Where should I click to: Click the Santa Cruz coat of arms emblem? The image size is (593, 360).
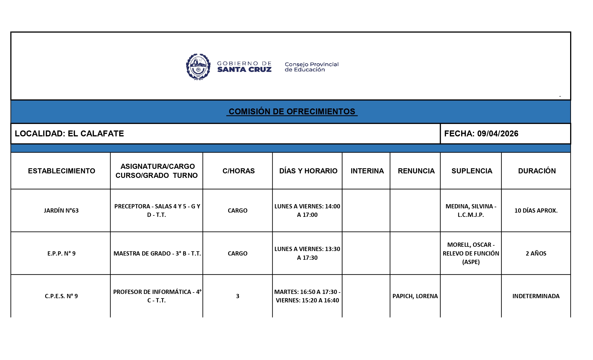point(198,67)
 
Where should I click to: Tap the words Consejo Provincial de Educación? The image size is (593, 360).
point(311,67)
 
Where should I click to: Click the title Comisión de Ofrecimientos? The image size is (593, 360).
point(292,112)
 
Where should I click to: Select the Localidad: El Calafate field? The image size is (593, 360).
point(69,134)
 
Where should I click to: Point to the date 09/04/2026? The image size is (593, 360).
point(498,134)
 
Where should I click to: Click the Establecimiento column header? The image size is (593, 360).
point(62,171)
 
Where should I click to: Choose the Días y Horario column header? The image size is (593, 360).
point(308,171)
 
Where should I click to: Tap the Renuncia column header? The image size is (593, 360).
point(416,171)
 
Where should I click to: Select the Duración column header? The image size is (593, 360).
point(537,171)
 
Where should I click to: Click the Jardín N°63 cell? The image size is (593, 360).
point(61,211)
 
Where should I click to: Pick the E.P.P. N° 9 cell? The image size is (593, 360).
point(61,254)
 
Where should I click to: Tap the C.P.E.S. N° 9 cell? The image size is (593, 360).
point(61,296)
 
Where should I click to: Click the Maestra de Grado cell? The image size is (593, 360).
point(157,254)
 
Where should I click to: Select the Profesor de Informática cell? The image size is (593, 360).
point(157,296)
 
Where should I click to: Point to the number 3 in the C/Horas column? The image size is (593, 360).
point(237,296)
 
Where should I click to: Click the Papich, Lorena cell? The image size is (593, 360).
point(415,296)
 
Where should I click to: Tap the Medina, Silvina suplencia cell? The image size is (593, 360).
point(471,211)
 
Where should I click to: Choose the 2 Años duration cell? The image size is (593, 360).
point(536,254)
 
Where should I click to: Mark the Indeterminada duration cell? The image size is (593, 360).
point(536,296)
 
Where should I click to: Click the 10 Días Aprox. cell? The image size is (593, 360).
point(536,211)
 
